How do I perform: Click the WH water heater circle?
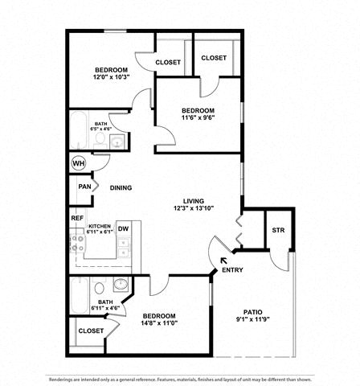79,163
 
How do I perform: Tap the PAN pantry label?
84,187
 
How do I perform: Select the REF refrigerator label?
77,218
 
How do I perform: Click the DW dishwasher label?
124,228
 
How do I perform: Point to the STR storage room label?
278,230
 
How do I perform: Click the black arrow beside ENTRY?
223,261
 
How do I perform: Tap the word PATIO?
253,312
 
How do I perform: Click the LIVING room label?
194,201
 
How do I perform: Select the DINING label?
121,187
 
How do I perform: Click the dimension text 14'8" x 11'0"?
159,323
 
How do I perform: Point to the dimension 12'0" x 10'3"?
112,77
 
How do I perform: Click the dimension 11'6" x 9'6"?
198,117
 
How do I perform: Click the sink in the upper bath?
117,142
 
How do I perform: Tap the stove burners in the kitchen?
77,244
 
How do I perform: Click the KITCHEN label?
100,226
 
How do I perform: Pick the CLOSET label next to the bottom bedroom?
91,331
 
